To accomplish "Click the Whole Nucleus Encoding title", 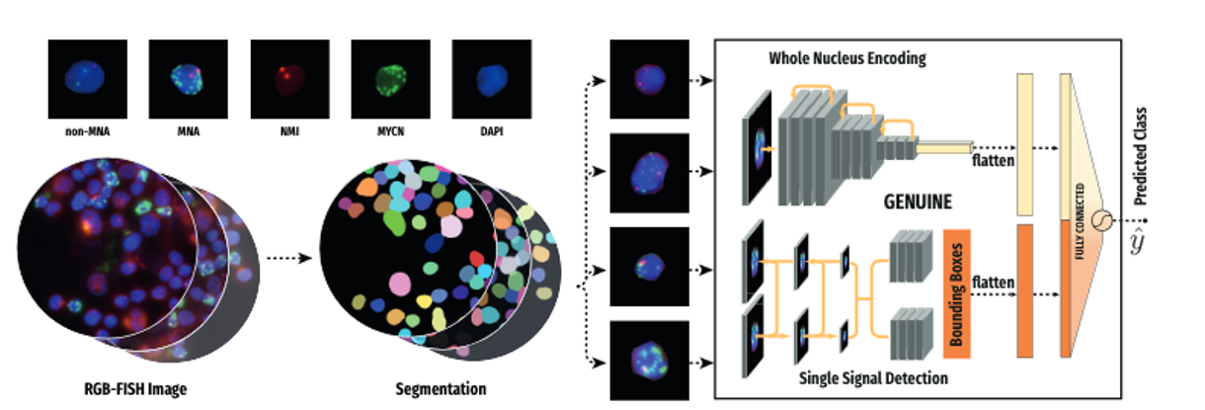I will [x=847, y=58].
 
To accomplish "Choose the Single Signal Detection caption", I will [x=868, y=378].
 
